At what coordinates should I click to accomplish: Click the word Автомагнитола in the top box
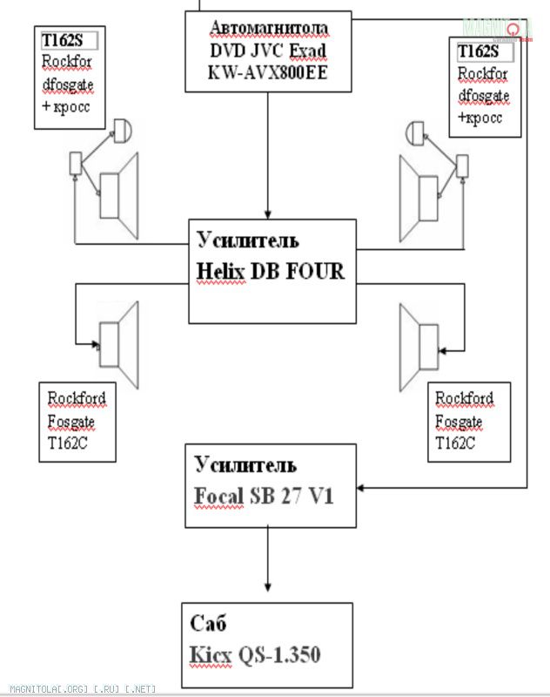click(x=269, y=29)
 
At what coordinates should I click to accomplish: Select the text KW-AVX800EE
click(x=268, y=74)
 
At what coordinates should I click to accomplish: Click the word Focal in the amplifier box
click(x=219, y=497)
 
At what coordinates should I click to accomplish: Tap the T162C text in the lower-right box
click(x=455, y=443)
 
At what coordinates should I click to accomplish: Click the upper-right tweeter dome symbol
click(x=414, y=132)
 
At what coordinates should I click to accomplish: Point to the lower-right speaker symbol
click(x=421, y=342)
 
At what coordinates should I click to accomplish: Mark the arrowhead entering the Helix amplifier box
click(x=268, y=214)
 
